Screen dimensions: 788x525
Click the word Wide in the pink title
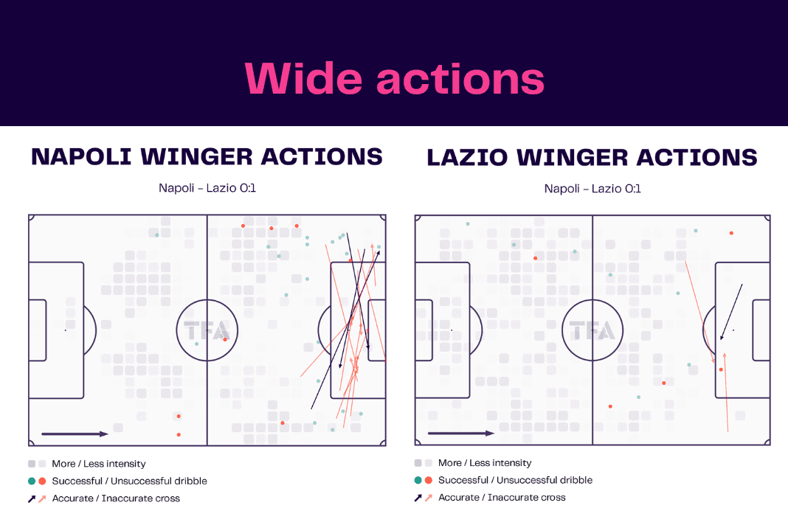tap(303, 78)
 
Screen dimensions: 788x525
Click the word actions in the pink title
tap(460, 80)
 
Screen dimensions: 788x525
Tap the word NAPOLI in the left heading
tap(81, 157)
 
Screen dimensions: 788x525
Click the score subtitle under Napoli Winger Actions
tap(207, 188)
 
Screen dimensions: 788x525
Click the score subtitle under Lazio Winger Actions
tap(592, 189)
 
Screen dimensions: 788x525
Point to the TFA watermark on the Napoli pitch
tap(207, 331)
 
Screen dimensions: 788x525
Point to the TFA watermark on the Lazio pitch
tap(592, 331)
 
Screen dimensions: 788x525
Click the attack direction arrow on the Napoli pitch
tap(75, 434)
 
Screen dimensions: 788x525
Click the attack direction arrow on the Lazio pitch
tap(461, 433)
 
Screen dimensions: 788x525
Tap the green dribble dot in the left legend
tap(32, 481)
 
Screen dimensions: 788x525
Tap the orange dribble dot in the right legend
tap(429, 480)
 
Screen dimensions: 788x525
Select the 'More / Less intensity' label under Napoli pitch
tap(99, 464)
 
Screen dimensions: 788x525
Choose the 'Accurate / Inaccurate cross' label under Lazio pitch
tap(502, 498)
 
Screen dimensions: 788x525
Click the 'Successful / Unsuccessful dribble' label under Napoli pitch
tap(129, 481)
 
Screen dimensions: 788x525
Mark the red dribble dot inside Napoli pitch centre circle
tap(224, 340)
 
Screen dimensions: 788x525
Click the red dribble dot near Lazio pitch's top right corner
tap(731, 233)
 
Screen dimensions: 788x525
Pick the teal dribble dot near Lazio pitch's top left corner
tap(468, 224)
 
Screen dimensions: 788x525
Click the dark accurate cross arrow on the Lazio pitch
tap(731, 313)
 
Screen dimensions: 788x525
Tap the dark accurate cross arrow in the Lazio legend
tap(418, 498)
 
